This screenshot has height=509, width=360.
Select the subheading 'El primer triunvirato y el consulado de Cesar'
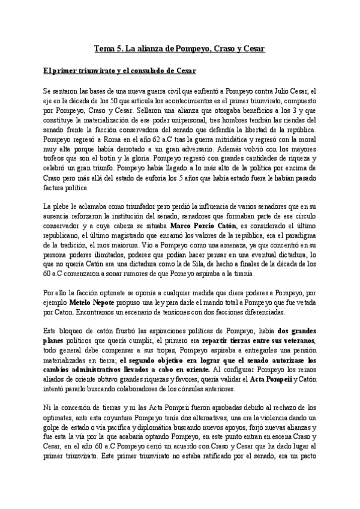119,71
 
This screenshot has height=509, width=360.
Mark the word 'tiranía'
239,274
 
